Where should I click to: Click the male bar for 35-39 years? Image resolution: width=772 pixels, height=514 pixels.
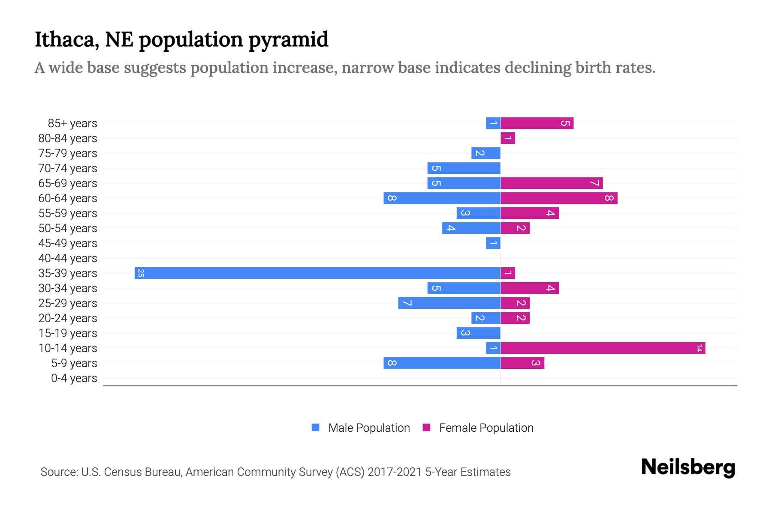click(317, 273)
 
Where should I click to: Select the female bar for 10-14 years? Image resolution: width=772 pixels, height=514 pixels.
click(603, 348)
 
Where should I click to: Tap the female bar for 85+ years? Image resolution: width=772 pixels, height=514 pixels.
click(537, 123)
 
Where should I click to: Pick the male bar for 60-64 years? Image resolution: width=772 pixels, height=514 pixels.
click(442, 198)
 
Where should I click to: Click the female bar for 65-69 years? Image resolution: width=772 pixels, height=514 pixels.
click(552, 183)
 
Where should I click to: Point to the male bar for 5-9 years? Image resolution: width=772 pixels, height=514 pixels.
click(442, 363)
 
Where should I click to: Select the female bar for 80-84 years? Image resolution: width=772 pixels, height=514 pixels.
click(508, 138)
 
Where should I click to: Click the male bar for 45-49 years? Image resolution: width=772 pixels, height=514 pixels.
click(493, 243)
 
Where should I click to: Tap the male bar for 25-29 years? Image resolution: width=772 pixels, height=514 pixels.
click(449, 303)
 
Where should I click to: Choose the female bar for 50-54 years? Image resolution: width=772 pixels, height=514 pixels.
click(515, 228)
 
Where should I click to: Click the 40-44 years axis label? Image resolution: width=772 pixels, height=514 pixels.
click(68, 258)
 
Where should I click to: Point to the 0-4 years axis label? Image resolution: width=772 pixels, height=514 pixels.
click(74, 378)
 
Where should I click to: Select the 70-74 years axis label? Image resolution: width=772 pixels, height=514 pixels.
click(68, 168)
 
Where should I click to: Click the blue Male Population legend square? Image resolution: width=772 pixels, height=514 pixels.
click(316, 427)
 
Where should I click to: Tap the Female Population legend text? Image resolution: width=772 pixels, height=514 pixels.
click(486, 428)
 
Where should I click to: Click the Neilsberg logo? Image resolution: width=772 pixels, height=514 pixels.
click(688, 467)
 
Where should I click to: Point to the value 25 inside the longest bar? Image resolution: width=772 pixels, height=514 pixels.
click(141, 273)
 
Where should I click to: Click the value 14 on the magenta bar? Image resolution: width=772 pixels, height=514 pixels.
click(699, 348)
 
